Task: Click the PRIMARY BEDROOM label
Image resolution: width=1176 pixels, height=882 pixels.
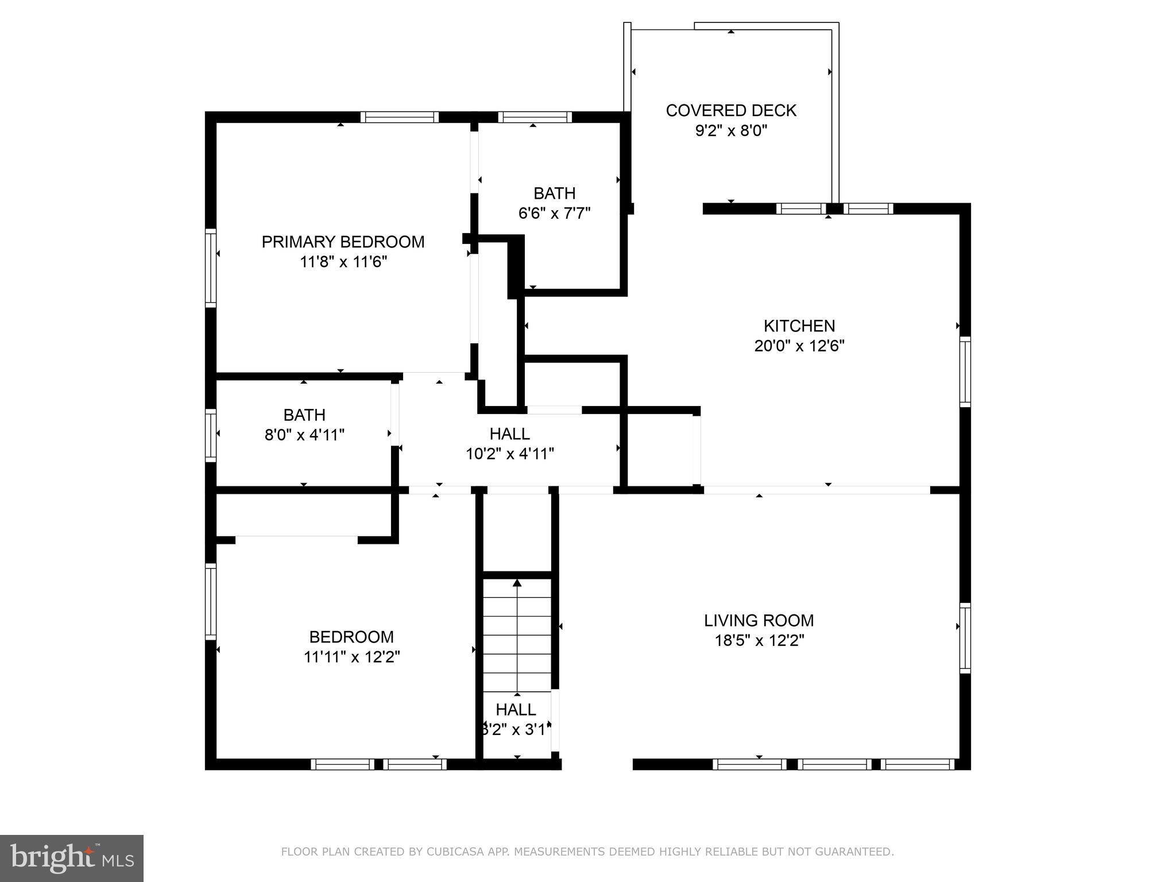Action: click(343, 242)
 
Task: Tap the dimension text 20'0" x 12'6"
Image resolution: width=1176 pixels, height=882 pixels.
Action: click(799, 346)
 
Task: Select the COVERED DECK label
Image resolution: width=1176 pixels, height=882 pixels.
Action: click(730, 110)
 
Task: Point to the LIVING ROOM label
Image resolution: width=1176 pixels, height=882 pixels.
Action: click(759, 620)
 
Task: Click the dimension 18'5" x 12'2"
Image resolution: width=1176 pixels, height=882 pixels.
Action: click(759, 640)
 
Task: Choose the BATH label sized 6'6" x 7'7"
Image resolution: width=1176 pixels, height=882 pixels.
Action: click(554, 194)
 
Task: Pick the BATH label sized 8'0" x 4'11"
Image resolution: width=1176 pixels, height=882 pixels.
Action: click(304, 415)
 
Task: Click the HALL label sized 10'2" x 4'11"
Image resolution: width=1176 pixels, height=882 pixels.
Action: click(509, 434)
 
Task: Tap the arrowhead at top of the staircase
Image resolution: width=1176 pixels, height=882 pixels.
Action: click(517, 583)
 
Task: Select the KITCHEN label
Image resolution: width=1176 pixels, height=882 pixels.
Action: click(799, 326)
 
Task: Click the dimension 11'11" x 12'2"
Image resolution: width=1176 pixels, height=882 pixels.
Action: click(351, 656)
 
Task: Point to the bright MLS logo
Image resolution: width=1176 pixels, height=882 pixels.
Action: click(71, 858)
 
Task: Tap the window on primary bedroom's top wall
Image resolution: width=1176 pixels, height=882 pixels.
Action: click(400, 117)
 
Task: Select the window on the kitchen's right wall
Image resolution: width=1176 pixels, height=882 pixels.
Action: click(965, 372)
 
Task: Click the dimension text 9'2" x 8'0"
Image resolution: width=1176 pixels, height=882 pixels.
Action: click(730, 131)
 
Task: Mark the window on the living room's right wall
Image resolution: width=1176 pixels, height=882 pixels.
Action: click(965, 638)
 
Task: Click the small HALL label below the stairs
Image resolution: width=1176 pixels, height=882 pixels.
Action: click(516, 710)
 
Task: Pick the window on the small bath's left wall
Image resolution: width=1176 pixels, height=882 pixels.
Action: click(211, 435)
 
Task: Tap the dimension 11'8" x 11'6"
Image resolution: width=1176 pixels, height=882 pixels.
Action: click(343, 262)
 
